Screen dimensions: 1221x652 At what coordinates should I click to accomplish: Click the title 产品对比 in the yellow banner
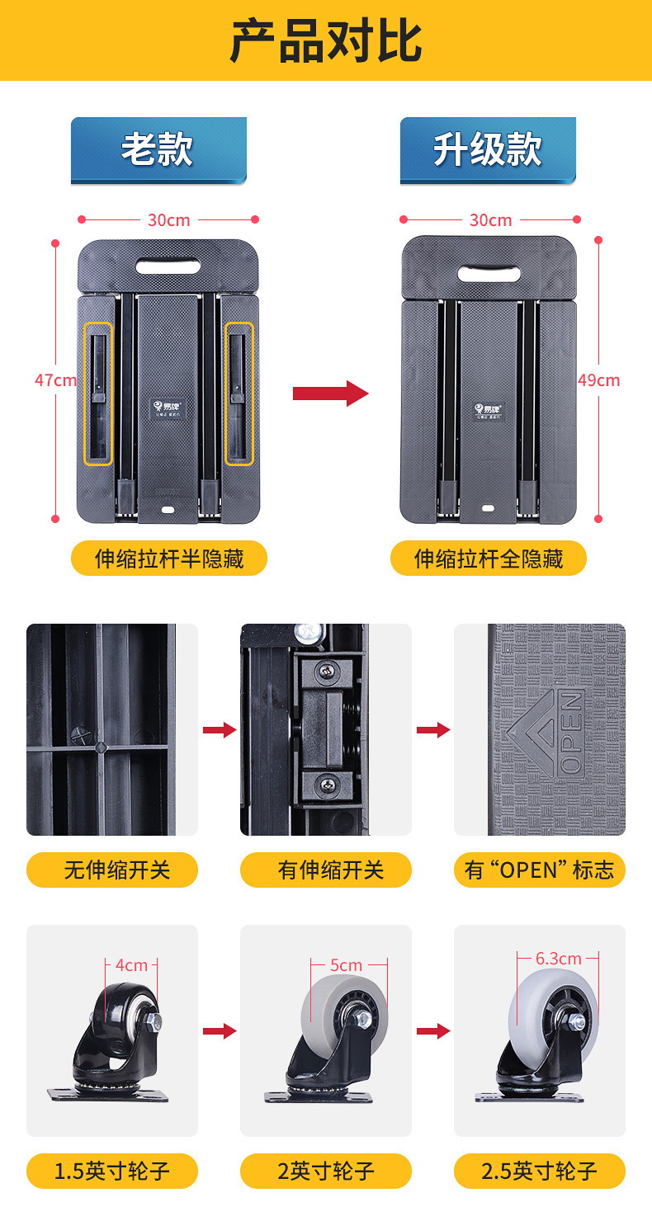(325, 40)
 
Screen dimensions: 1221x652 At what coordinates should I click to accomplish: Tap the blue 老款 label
(158, 150)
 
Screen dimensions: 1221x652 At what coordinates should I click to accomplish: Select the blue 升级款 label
(487, 150)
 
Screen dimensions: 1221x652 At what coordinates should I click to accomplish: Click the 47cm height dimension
(55, 380)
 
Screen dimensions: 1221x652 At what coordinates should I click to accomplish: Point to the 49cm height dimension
(598, 380)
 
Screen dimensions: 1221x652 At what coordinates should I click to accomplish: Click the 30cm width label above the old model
(168, 219)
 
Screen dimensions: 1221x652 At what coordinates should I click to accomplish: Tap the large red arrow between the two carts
(330, 393)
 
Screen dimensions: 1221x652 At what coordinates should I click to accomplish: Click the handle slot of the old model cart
(168, 266)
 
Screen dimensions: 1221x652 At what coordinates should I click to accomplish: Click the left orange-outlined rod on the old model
(99, 393)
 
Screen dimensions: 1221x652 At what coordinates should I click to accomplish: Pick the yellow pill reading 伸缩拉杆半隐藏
(169, 559)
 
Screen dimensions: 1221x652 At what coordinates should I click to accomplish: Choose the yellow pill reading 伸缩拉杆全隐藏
(489, 559)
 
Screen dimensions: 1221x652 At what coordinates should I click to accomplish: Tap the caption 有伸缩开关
(326, 870)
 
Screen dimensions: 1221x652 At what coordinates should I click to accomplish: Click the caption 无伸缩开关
(112, 870)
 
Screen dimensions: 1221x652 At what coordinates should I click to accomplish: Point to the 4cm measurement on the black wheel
(130, 964)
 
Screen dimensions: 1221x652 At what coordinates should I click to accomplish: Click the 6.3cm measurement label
(558, 959)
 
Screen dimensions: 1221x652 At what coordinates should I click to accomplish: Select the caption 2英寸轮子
(326, 1171)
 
